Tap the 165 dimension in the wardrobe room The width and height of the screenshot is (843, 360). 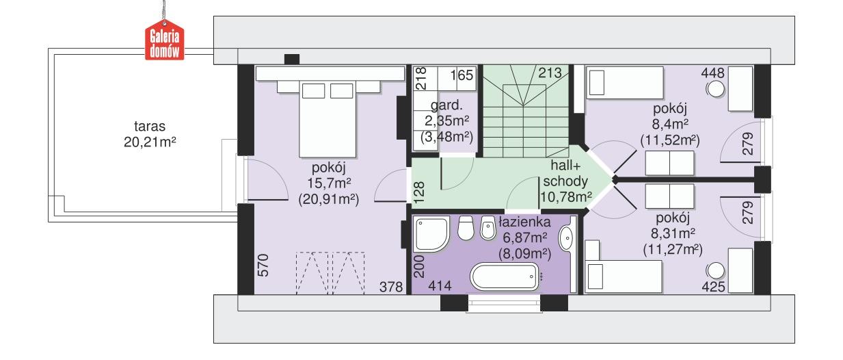click(461, 75)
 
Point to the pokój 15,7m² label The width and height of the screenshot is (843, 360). click(330, 184)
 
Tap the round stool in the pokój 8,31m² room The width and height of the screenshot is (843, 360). click(714, 269)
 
